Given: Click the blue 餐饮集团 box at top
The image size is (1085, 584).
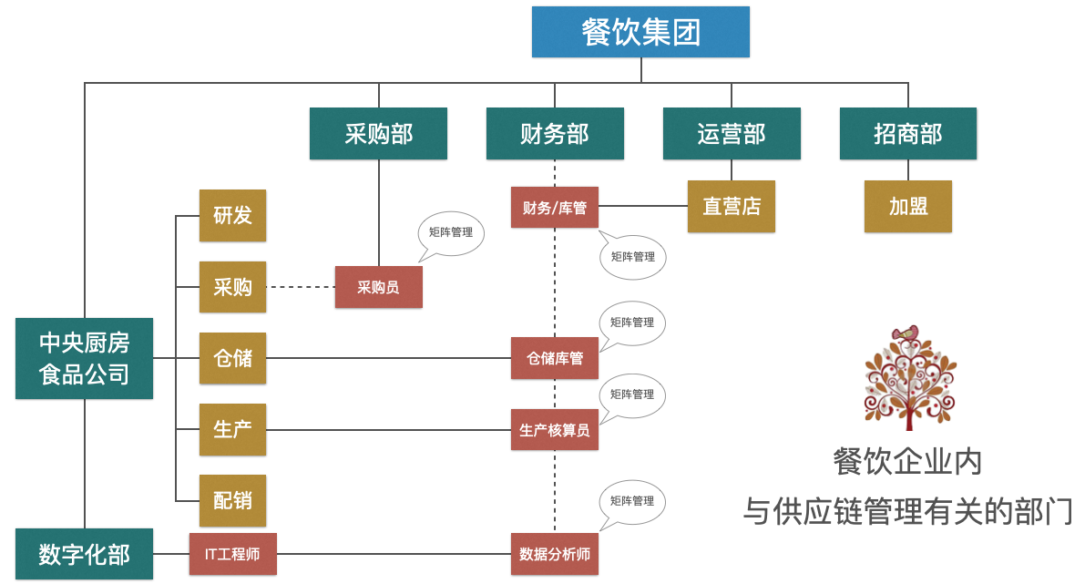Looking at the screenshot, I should pyautogui.click(x=640, y=33).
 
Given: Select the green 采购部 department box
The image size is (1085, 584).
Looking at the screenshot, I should pyautogui.click(x=378, y=134).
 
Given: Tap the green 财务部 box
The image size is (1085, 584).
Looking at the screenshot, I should pyautogui.click(x=554, y=134).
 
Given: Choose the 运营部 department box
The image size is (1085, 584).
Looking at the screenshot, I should pyautogui.click(x=731, y=134).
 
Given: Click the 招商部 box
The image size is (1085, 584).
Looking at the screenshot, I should pyautogui.click(x=907, y=134).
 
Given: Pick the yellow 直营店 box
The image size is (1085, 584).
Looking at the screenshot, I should pyautogui.click(x=731, y=206).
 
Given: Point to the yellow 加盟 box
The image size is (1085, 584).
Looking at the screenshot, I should pyautogui.click(x=907, y=206).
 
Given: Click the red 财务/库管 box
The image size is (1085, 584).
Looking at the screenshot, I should pyautogui.click(x=554, y=208).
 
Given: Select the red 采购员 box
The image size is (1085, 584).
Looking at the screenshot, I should pyautogui.click(x=378, y=287).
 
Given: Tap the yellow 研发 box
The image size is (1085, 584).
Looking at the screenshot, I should pyautogui.click(x=232, y=216).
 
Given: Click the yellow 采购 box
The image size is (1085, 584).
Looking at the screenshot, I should pyautogui.click(x=232, y=287).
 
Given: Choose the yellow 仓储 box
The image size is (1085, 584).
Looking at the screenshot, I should pyautogui.click(x=232, y=358).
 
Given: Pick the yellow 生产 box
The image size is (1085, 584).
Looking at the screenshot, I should pyautogui.click(x=232, y=429).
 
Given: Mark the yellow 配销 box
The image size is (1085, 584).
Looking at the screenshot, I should pyautogui.click(x=232, y=500).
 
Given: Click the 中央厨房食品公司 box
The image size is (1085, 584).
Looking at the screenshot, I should pyautogui.click(x=84, y=358).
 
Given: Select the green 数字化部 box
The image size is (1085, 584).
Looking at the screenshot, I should pyautogui.click(x=84, y=554).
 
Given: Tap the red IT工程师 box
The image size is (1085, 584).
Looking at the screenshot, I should pyautogui.click(x=232, y=554).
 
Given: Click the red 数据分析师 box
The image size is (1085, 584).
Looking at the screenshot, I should pyautogui.click(x=554, y=554).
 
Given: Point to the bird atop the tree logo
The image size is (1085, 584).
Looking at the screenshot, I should pyautogui.click(x=905, y=334).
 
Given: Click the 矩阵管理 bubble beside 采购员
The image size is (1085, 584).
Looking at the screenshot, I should pyautogui.click(x=451, y=232).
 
